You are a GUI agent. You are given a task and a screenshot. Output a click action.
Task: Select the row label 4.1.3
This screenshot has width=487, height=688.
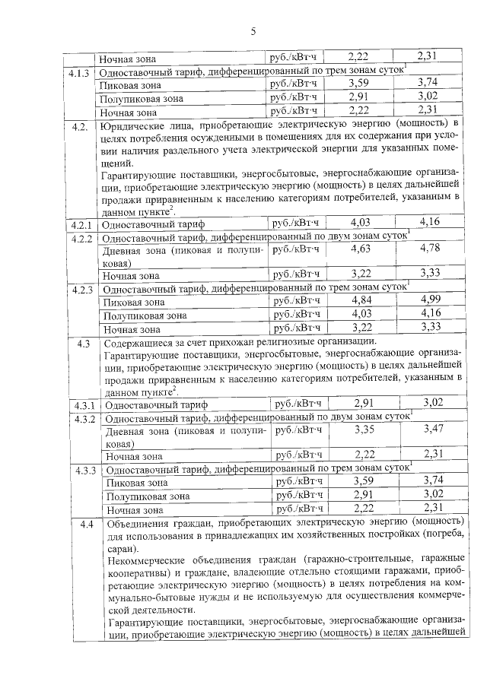(79, 71)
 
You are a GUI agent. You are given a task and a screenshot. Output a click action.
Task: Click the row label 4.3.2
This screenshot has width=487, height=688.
(84, 419)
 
